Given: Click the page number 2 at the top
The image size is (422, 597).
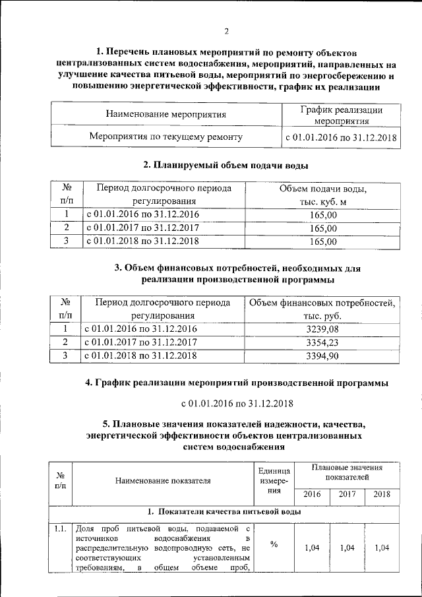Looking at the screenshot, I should pyautogui.click(x=226, y=30).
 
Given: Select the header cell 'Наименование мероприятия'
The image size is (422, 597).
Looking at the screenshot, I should pyautogui.click(x=166, y=114).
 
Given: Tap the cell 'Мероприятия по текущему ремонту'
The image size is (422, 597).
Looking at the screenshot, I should pyautogui.click(x=166, y=137).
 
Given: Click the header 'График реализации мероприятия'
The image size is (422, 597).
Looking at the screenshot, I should pyautogui.click(x=340, y=115).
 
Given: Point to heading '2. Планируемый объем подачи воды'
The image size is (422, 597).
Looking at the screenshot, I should pyautogui.click(x=226, y=164).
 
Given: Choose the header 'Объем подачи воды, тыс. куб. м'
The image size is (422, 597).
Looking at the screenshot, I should pyautogui.click(x=322, y=195).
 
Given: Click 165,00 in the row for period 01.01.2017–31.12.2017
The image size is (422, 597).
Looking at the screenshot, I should pyautogui.click(x=322, y=228).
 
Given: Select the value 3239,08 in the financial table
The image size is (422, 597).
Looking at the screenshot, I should pyautogui.click(x=322, y=329).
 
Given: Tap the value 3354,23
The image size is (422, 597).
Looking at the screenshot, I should pyautogui.click(x=322, y=342).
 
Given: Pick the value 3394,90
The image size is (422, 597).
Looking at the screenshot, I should pyautogui.click(x=322, y=356).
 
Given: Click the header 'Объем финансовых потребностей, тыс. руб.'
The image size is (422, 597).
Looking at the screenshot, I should pyautogui.click(x=322, y=309).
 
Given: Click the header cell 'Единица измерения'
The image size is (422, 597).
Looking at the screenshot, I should pyautogui.click(x=274, y=481).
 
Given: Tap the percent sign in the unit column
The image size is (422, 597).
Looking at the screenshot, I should pyautogui.click(x=274, y=544).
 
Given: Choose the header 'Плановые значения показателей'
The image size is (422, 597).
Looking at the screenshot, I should pyautogui.click(x=347, y=472).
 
